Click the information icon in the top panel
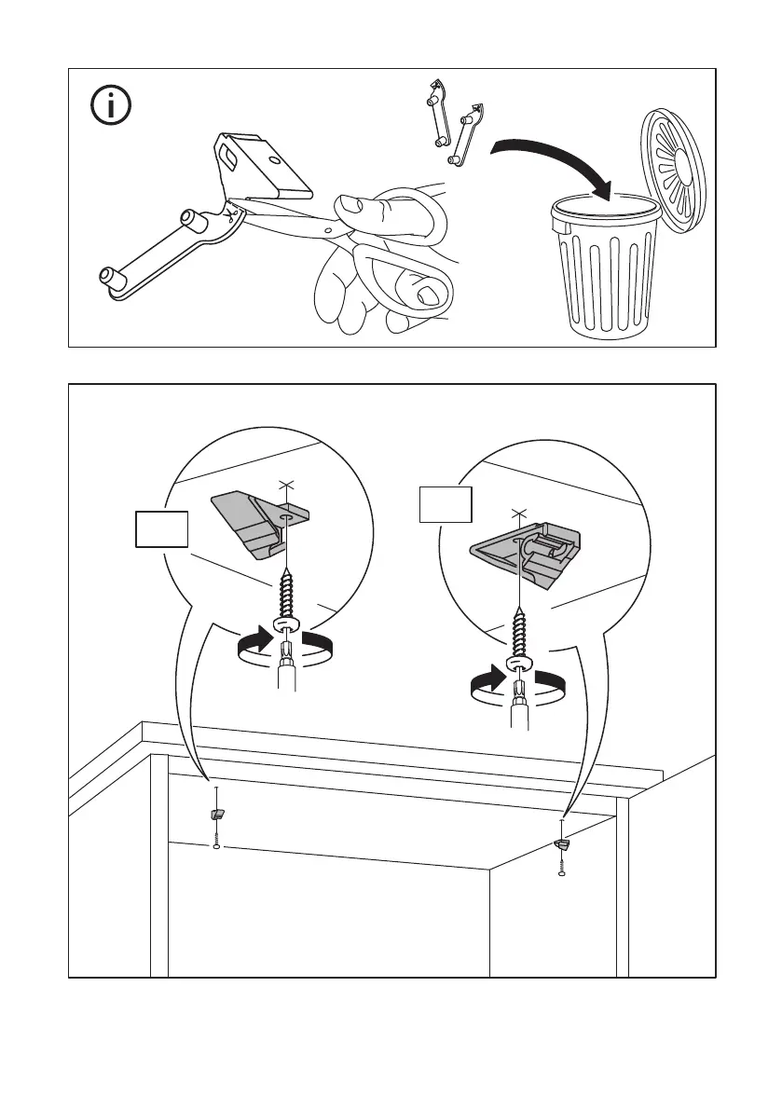[112, 107]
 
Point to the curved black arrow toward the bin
[550, 157]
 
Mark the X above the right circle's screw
[516, 513]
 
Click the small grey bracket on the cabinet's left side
[216, 814]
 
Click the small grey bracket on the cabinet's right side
[561, 844]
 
